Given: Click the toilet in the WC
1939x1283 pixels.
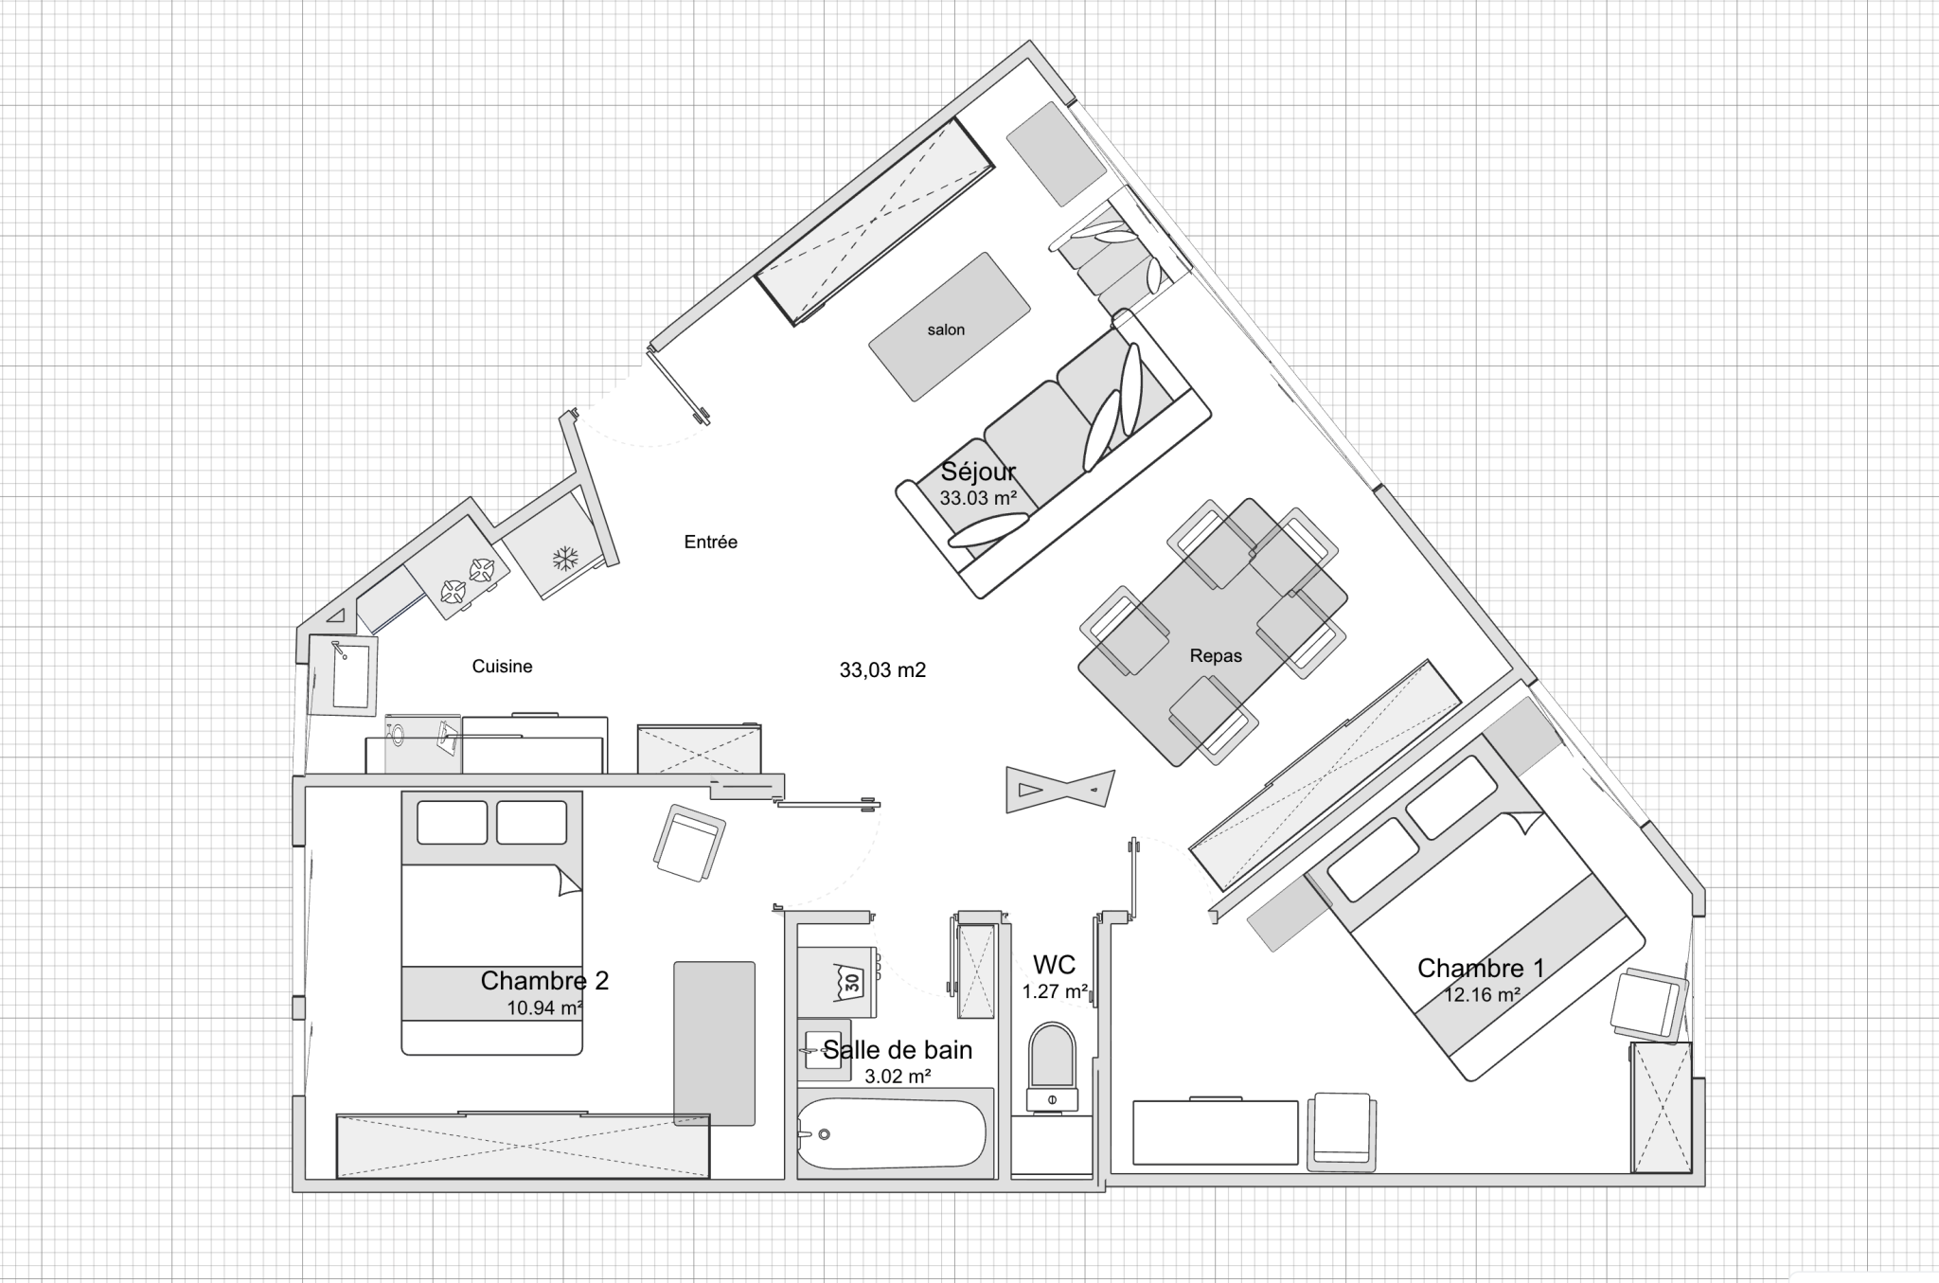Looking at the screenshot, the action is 1052,1066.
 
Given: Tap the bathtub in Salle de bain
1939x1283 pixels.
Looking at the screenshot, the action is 893,1132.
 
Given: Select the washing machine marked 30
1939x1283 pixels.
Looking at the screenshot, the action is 839,979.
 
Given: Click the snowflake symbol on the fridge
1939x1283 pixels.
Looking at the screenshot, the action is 565,558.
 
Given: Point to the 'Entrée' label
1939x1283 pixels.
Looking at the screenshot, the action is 710,542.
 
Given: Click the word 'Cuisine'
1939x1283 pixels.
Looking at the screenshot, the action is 502,666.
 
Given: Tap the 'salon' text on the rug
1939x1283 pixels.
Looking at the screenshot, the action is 946,330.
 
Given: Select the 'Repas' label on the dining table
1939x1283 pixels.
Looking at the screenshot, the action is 1216,655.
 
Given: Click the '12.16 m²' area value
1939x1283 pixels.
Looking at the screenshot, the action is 1482,994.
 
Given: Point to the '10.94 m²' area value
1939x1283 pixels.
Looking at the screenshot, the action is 544,1007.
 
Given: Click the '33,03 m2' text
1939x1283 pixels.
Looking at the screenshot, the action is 882,669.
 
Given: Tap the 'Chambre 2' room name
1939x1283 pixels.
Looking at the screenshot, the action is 544,980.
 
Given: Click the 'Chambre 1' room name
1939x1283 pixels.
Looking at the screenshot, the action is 1481,968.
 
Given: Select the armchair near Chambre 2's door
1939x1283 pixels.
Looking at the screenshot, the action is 689,842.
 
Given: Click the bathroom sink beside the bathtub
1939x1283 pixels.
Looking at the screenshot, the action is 823,1049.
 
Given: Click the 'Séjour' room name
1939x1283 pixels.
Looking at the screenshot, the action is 978,471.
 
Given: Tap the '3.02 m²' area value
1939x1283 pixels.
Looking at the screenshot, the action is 898,1076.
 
